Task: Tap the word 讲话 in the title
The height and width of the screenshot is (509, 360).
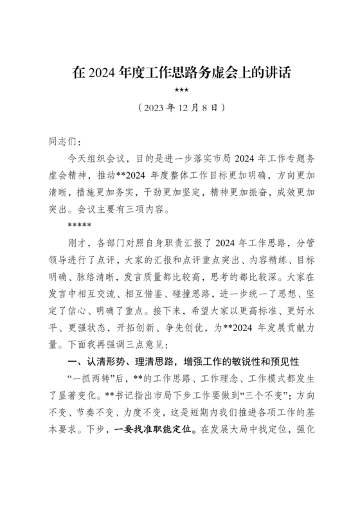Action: pos(276,73)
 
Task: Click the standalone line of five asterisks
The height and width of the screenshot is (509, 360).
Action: pos(78,226)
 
